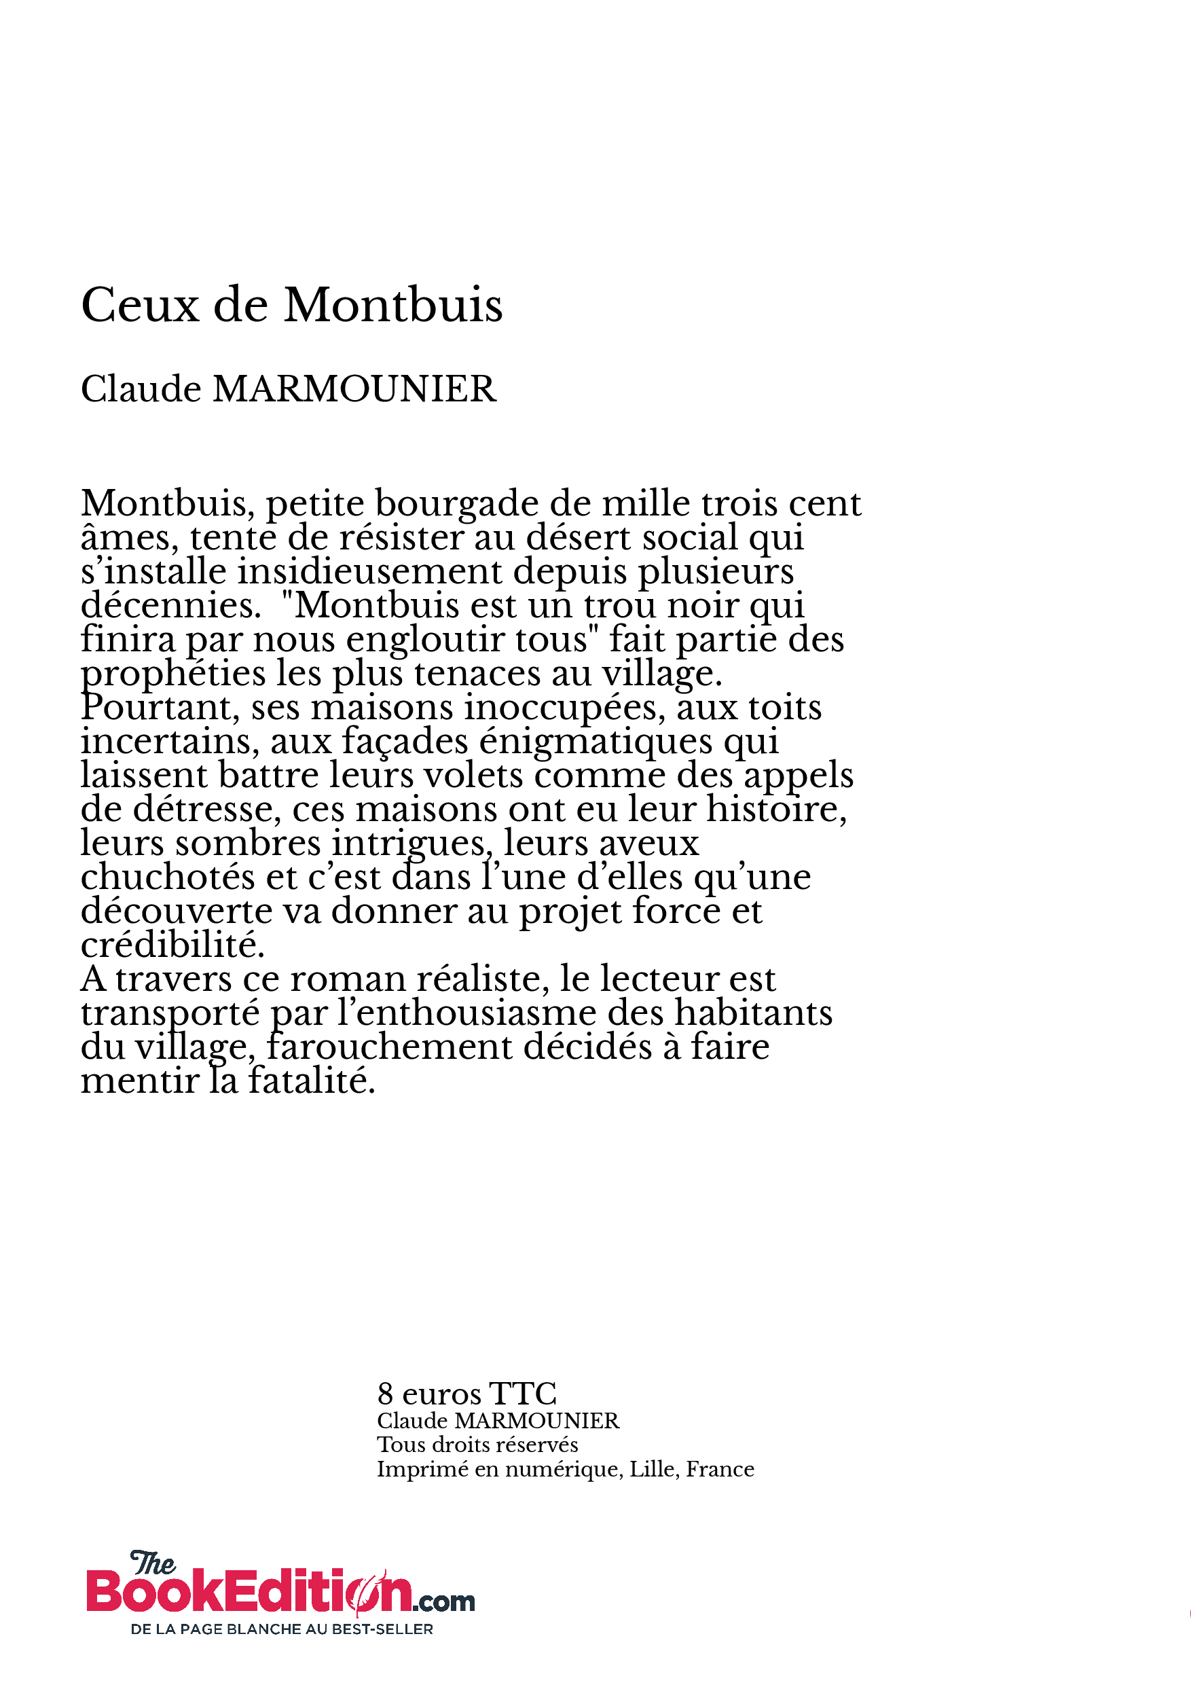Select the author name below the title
point(289,389)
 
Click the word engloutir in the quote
point(426,640)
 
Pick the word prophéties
point(173,674)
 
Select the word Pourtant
point(161,708)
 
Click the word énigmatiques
point(596,741)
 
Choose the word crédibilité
point(172,945)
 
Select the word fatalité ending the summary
point(311,1081)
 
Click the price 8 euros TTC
point(466,1394)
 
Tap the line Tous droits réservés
point(477,1445)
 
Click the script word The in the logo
point(153,1563)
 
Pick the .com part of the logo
point(443,1601)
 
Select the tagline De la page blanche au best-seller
point(282,1629)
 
